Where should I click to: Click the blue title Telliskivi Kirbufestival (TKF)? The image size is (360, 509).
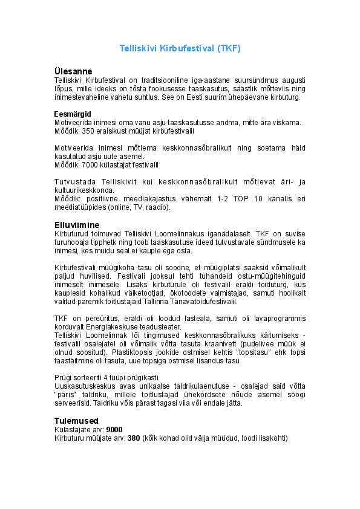coord(180,48)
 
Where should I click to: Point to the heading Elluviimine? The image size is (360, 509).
coord(77,224)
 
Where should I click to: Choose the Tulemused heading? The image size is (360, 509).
coord(76,420)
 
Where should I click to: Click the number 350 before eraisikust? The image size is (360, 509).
coord(88,131)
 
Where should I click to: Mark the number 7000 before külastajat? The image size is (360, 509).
coord(90,164)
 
